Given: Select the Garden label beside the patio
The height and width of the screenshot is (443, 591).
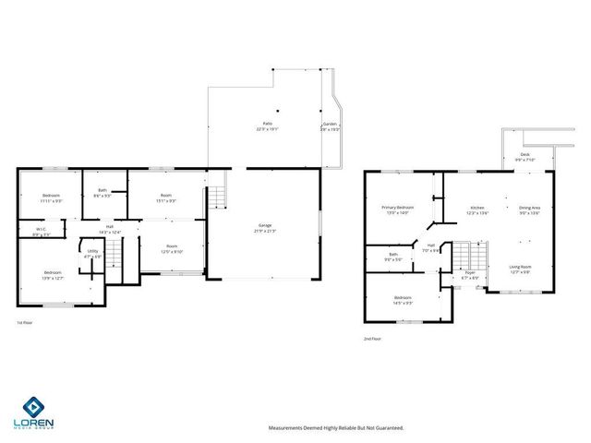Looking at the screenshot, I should click(330, 126).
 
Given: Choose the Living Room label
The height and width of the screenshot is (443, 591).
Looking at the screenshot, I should click(521, 269).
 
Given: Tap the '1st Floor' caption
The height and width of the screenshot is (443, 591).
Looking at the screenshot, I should click(25, 323).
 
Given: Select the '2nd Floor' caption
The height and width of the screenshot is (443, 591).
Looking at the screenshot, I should click(372, 339).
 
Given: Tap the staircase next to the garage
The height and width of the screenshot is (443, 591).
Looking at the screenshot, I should click(217, 197).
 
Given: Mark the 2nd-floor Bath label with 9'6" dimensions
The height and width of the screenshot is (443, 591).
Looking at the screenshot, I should click(393, 257).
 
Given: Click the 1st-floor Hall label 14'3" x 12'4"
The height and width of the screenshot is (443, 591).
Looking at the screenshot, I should click(109, 228).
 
